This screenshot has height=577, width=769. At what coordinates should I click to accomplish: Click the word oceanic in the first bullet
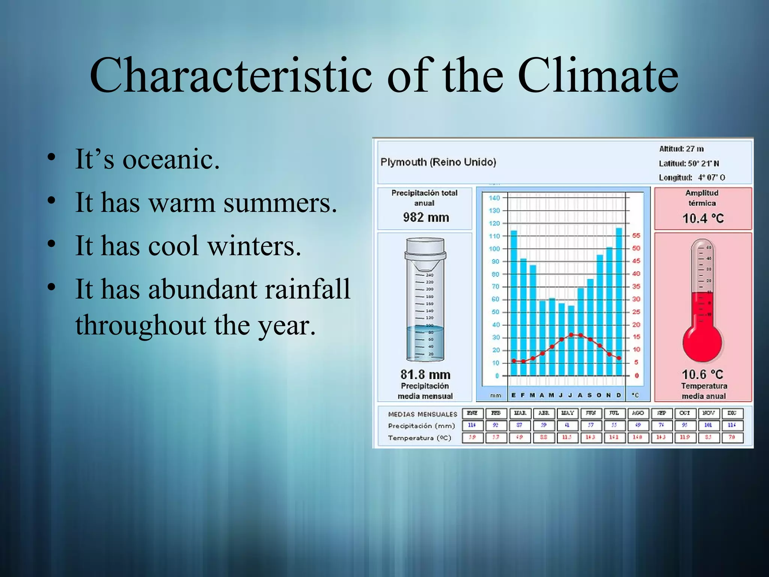[171, 159]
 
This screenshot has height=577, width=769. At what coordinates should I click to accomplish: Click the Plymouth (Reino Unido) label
[438, 162]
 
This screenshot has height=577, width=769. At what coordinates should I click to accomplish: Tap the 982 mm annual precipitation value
[426, 218]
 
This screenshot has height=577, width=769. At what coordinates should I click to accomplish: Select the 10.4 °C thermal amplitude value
[703, 218]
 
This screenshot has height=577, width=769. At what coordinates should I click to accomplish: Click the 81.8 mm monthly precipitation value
[425, 375]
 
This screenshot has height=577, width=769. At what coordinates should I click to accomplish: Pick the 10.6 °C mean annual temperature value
[702, 375]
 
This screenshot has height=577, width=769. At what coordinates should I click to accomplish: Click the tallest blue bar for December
[619, 301]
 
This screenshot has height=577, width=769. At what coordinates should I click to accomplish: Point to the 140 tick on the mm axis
[494, 198]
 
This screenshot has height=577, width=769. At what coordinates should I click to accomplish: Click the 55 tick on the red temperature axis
[636, 236]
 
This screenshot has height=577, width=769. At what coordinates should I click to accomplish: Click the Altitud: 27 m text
[681, 149]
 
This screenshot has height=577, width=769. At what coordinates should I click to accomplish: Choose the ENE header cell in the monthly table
[472, 413]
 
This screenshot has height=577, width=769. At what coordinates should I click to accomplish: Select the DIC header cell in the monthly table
[732, 413]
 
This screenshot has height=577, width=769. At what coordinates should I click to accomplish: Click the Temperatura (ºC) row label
[419, 438]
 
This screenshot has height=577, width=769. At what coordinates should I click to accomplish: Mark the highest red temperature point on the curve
[571, 334]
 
